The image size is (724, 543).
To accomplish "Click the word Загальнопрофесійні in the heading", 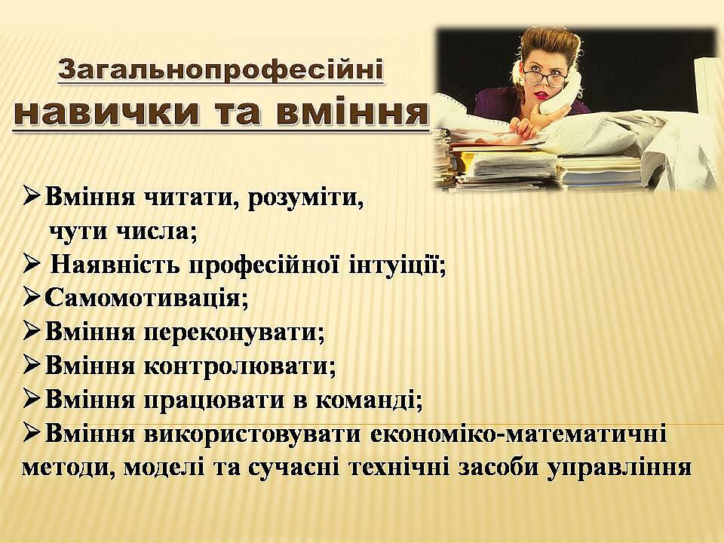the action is [x=221, y=70].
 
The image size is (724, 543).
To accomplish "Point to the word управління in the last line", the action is [x=619, y=468].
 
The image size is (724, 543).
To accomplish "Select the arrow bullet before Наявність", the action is [x=32, y=265].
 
